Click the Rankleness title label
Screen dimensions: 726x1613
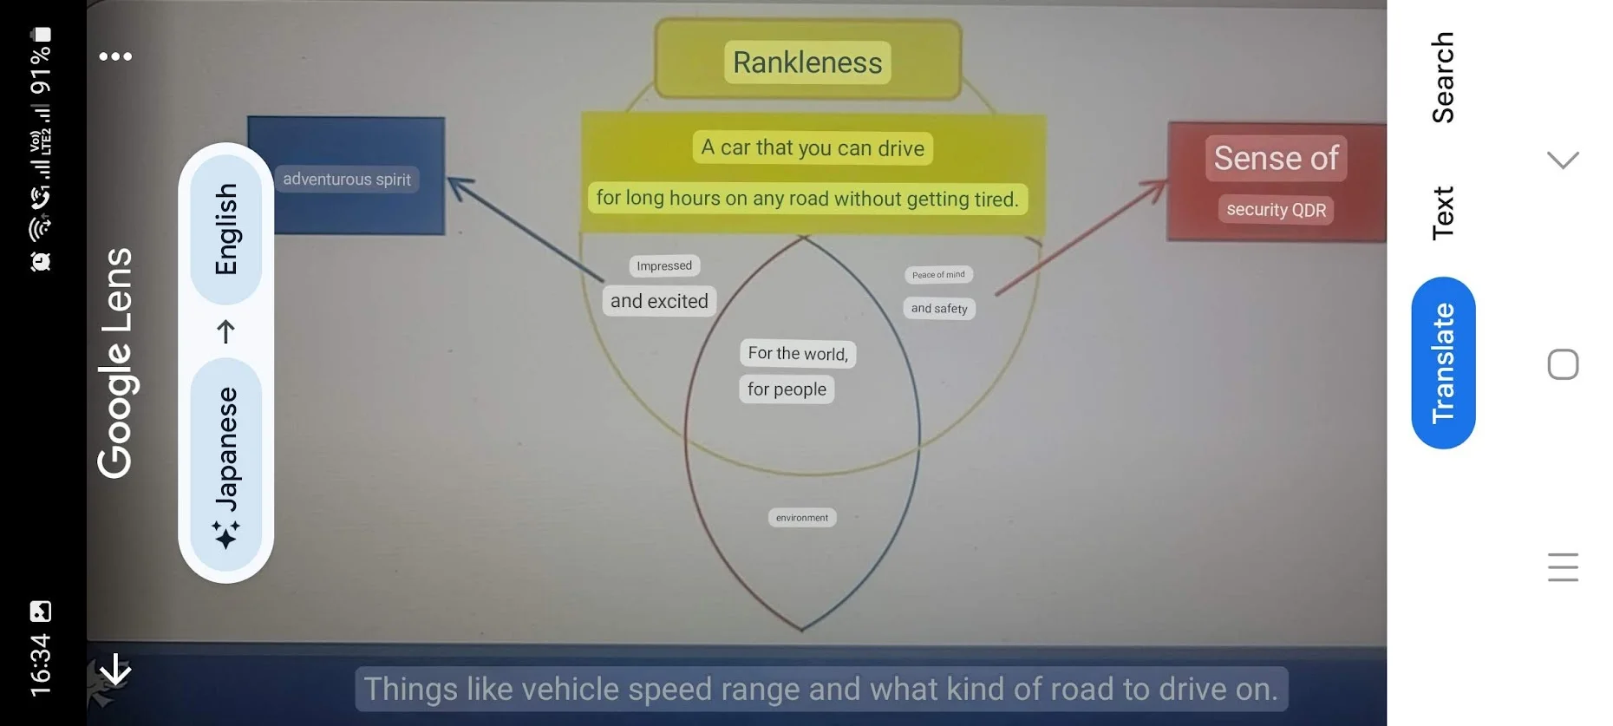(807, 62)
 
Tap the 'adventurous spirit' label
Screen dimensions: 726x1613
(347, 180)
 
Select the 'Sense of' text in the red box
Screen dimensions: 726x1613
(1276, 158)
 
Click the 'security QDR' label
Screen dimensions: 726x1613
(1276, 210)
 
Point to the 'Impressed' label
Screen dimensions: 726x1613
(664, 265)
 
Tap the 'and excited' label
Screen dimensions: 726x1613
(659, 301)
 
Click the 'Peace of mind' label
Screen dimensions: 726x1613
(938, 275)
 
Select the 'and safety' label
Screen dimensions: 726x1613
(939, 309)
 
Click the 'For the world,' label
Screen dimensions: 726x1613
(798, 353)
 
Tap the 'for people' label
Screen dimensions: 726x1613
(787, 389)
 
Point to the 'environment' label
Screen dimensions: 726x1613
(802, 518)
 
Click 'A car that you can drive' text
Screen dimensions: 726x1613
(813, 148)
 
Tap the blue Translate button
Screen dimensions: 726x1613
(1443, 363)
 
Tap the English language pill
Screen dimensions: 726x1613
(225, 229)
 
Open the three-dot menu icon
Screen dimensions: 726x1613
(115, 56)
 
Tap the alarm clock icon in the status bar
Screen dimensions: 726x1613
(41, 261)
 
